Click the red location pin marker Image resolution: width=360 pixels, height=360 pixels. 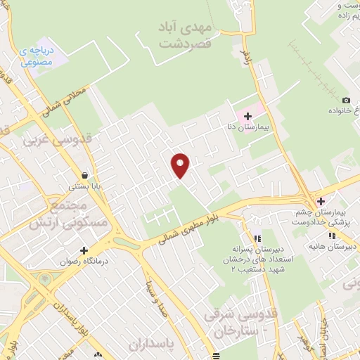pyautogui.click(x=181, y=165)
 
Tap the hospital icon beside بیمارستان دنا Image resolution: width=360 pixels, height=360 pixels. pyautogui.click(x=247, y=115)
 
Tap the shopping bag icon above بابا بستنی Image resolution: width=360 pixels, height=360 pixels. pyautogui.click(x=84, y=175)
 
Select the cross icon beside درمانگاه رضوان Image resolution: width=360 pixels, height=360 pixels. pyautogui.click(x=84, y=250)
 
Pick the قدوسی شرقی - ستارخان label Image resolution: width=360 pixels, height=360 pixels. pyautogui.click(x=233, y=321)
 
